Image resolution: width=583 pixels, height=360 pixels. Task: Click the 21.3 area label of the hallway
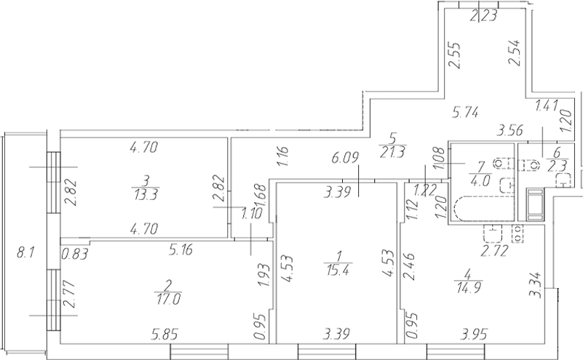click(391, 151)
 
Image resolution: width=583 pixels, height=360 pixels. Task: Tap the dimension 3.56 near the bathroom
click(509, 132)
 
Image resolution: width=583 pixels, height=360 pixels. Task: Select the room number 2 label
click(168, 283)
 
